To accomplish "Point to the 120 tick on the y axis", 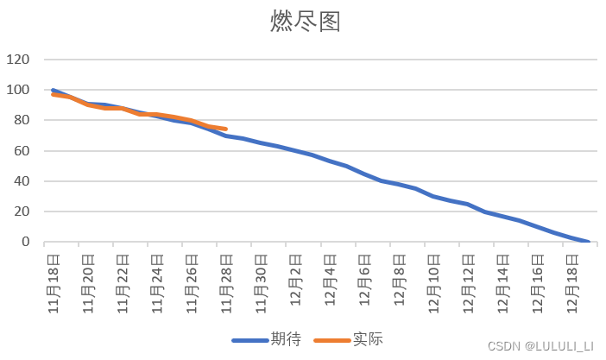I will tap(19, 60).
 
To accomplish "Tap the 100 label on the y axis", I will tap(19, 90).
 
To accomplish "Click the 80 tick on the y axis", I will tap(22, 121).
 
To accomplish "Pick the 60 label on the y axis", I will tap(22, 151).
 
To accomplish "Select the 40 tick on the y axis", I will tap(22, 181).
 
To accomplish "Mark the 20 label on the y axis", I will tap(22, 212).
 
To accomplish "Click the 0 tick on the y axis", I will tap(26, 242).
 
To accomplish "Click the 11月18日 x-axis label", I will tap(54, 275).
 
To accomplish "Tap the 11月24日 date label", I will tap(156, 275).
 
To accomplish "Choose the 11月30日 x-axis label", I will tap(261, 275).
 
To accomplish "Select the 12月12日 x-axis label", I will tap(467, 275).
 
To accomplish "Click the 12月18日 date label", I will tap(571, 275).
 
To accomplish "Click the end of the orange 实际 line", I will tap(225, 129).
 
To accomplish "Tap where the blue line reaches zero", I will tap(588, 242).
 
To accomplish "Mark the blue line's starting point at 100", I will tap(54, 90).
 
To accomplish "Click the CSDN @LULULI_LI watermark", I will tap(540, 346).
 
